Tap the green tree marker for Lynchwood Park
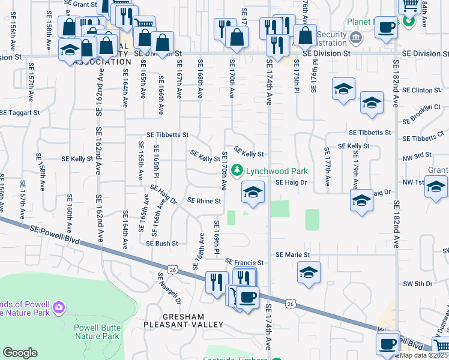tap(238, 171)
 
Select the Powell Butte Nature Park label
tap(97, 331)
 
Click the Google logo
tap(20, 353)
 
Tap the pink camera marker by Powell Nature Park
tap(58, 308)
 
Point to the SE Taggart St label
tap(20, 112)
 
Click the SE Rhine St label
tap(205, 201)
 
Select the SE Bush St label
tap(162, 244)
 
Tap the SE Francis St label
tap(245, 263)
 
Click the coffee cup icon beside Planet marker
tap(387, 28)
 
